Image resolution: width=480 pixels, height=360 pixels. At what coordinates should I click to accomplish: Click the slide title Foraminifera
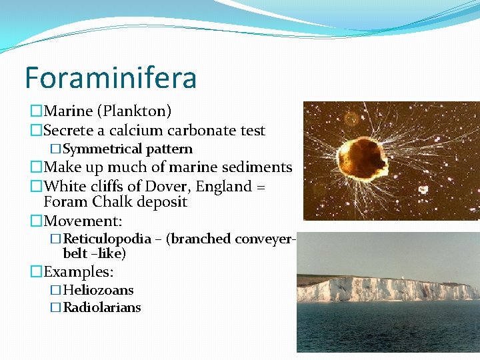click(111, 77)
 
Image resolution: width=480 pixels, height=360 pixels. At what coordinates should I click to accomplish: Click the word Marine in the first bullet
click(69, 111)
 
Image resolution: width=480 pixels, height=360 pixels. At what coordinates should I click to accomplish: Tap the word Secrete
click(72, 131)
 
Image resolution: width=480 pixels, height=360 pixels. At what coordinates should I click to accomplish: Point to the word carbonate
click(201, 131)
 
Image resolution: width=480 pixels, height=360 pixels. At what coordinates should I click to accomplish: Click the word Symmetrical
click(103, 149)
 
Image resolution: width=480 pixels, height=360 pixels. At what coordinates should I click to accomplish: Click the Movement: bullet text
click(83, 220)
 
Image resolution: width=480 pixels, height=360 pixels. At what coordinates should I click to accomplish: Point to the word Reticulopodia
click(107, 239)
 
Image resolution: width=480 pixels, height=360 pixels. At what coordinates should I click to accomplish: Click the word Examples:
click(79, 272)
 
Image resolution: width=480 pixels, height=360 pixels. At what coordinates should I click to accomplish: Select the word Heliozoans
click(98, 290)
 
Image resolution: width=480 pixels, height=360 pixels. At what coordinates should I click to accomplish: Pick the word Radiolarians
click(102, 307)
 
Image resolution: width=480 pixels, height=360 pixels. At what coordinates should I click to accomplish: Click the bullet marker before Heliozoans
click(56, 290)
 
